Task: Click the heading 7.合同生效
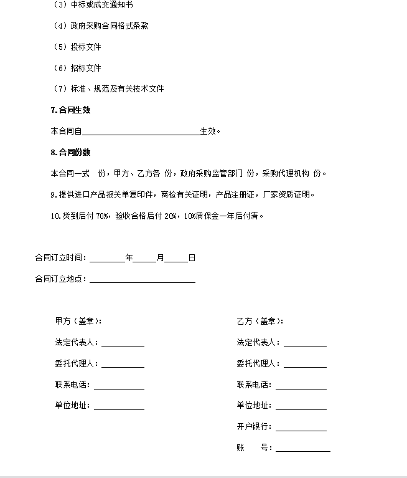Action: click(70, 110)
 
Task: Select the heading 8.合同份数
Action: click(70, 153)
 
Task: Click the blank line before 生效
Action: click(141, 131)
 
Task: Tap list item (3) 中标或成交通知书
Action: click(93, 5)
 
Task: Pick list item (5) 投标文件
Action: click(78, 47)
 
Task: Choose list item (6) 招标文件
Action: click(78, 68)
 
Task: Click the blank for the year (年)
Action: click(108, 258)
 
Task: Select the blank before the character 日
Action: click(176, 258)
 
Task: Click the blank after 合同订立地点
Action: click(143, 279)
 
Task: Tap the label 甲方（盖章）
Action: click(78, 322)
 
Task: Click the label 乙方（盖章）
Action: click(260, 322)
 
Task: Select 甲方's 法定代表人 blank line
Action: click(123, 343)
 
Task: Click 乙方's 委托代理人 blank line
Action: click(305, 364)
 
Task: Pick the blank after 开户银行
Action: click(301, 427)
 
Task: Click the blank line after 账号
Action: click(303, 448)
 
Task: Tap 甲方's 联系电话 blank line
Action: click(119, 385)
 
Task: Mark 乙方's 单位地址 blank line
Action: click(301, 406)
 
